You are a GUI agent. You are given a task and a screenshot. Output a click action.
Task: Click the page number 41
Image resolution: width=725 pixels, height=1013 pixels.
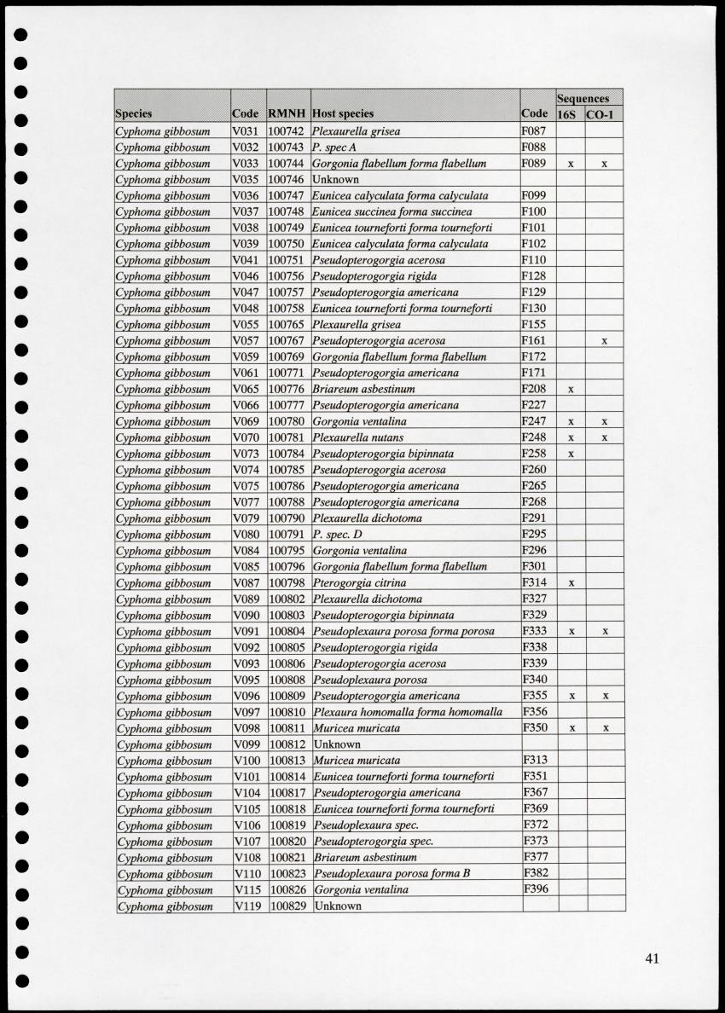[652, 958]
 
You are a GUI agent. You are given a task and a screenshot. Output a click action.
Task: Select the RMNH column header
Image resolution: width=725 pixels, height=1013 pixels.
[287, 113]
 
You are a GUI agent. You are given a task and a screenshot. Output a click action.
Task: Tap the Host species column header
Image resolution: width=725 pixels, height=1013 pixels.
[343, 113]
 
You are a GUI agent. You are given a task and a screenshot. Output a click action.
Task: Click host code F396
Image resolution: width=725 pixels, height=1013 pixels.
[536, 889]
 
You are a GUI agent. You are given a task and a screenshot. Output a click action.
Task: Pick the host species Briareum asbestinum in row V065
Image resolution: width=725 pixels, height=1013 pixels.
[363, 389]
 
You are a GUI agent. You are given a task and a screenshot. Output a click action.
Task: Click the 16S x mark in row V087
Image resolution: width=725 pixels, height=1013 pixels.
[571, 583]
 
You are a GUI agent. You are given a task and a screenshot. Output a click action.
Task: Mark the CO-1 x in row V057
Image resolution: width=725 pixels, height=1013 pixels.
[604, 341]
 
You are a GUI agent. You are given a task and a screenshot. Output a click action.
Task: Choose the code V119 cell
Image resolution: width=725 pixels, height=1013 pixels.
[248, 906]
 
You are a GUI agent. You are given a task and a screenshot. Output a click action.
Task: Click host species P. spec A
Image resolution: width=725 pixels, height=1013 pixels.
[334, 148]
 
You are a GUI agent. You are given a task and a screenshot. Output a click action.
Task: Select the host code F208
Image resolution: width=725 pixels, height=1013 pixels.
[535, 389]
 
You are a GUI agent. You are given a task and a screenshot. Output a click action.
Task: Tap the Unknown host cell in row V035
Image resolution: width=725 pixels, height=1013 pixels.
[335, 180]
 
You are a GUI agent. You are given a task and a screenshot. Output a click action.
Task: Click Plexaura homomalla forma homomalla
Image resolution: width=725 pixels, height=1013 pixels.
[408, 712]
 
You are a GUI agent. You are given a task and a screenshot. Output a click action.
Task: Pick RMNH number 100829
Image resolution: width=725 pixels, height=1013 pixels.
[288, 906]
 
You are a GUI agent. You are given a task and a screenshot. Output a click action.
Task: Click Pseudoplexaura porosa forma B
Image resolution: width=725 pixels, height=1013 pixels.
[391, 873]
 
